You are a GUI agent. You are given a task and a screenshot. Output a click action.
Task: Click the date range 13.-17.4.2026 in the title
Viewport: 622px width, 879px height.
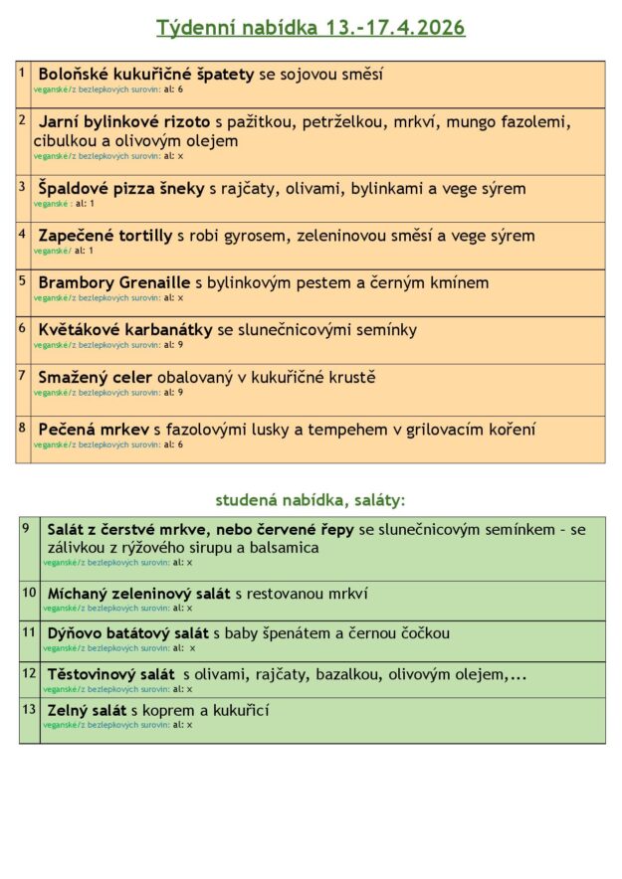[x=394, y=28]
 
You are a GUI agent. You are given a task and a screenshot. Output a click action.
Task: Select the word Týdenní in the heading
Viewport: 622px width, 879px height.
[x=194, y=28]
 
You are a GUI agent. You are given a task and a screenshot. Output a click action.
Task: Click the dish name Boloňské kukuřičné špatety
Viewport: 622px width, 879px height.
[x=146, y=74]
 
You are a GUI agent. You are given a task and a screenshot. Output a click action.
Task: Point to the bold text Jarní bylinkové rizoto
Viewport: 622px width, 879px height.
[x=124, y=122]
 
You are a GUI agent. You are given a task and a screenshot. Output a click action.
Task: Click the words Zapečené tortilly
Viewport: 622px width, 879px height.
[x=105, y=236]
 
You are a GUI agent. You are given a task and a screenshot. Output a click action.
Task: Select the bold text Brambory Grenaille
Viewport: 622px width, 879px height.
[x=114, y=282]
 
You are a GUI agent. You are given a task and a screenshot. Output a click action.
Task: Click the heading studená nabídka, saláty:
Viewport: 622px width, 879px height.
[x=311, y=500]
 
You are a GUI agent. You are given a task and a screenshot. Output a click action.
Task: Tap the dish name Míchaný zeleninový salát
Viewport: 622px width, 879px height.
[x=139, y=594]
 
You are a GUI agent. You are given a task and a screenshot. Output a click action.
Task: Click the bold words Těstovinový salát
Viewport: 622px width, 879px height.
[x=110, y=674]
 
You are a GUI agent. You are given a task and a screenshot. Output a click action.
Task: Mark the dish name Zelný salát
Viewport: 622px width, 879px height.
[x=87, y=710]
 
